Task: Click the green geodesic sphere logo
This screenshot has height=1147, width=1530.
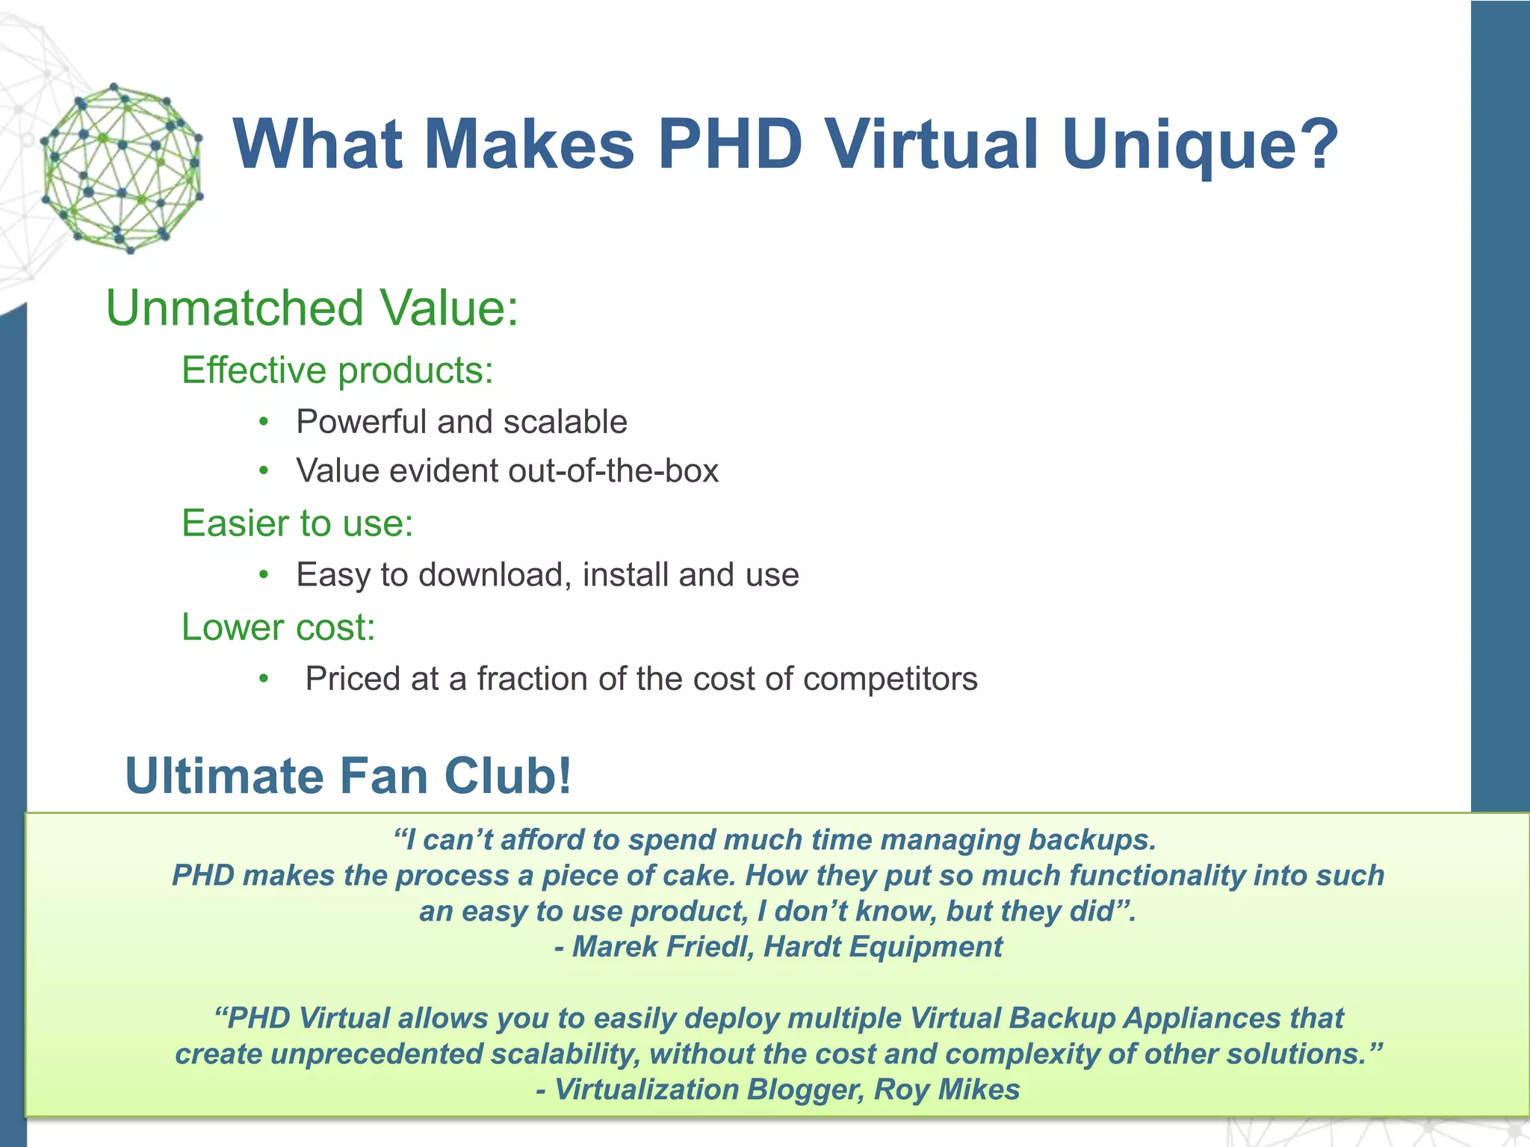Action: tap(122, 168)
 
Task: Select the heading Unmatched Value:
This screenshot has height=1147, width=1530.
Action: tap(312, 308)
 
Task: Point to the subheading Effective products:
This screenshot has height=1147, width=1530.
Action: tap(337, 370)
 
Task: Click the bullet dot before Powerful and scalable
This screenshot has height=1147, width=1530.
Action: tap(263, 422)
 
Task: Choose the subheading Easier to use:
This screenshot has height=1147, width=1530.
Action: tap(297, 523)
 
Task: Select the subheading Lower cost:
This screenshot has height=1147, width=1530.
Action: tap(278, 627)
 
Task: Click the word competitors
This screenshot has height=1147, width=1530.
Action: tap(890, 679)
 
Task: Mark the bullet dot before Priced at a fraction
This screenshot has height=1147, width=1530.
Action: tap(263, 679)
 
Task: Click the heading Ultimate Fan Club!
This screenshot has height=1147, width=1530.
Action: tap(348, 776)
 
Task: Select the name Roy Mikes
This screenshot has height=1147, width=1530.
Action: tap(947, 1090)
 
